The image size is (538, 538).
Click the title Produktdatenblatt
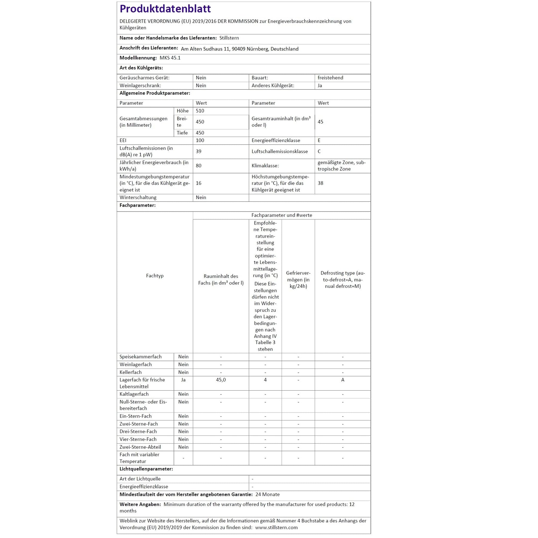165,9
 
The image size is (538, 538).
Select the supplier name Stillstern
229,38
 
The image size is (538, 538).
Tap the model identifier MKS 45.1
170,58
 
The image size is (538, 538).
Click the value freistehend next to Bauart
330,78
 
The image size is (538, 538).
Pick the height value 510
200,111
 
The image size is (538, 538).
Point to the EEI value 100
200,140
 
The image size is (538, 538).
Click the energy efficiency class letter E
319,140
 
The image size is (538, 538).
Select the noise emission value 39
198,152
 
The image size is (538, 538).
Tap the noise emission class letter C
319,152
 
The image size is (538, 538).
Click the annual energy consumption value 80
198,166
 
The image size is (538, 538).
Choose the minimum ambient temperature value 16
198,183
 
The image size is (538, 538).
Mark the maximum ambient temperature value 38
320,183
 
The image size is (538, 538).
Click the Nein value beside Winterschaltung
201,198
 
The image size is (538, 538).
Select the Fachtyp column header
155,276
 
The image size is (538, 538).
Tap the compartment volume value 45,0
221,380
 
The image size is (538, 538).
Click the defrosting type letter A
343,380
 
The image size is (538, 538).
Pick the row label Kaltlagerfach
134,394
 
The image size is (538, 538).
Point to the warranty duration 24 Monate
268,494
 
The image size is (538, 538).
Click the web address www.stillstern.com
276,528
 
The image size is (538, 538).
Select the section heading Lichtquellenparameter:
146,469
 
